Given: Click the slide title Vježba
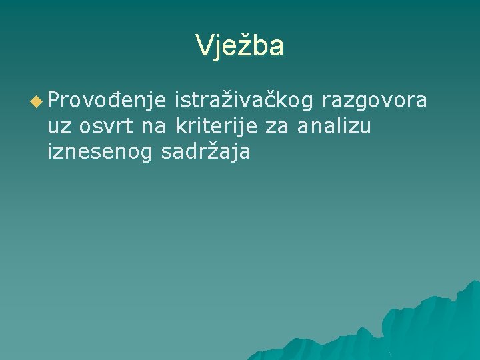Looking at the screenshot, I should point(240,46).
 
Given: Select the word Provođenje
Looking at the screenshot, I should point(106,102).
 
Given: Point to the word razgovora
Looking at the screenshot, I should point(374,102).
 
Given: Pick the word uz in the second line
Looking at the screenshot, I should point(58,127).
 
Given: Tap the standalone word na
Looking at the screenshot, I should point(154,127).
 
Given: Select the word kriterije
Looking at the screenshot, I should point(216,127).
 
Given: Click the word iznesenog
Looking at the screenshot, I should point(101,152).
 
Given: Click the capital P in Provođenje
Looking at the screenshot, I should point(54,101).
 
